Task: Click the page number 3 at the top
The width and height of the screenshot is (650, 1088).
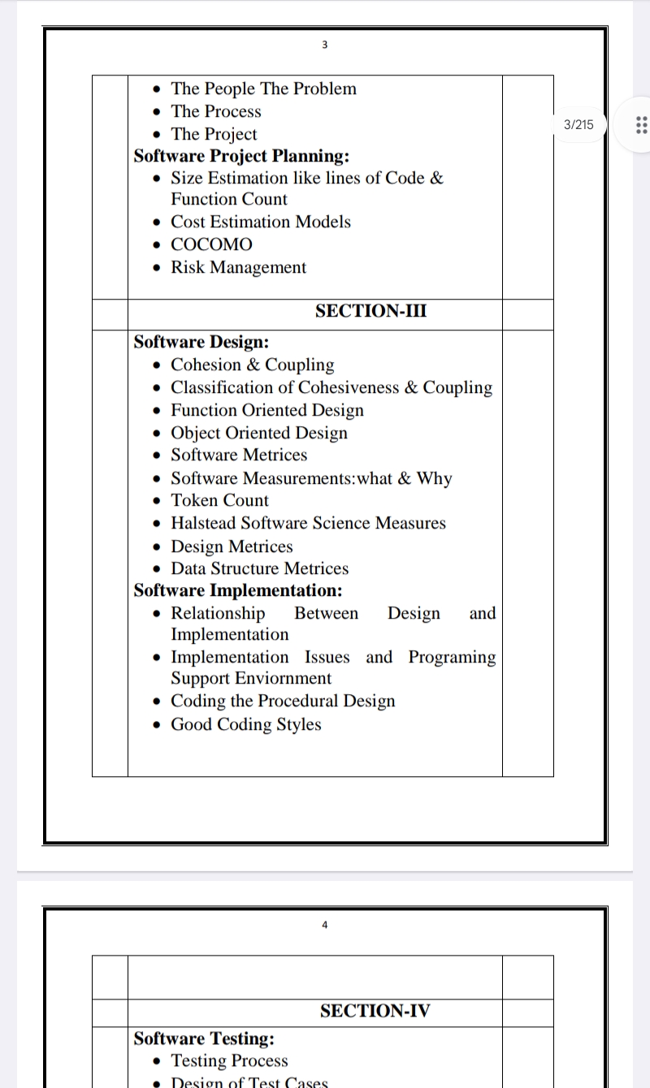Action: click(324, 45)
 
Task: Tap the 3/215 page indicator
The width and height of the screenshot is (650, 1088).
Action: click(578, 124)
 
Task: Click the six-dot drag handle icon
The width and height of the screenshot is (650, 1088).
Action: click(639, 124)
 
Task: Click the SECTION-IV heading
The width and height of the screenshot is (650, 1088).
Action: click(375, 1011)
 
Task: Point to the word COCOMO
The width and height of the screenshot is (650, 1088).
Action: click(211, 244)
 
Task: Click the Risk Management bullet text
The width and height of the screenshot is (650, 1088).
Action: click(238, 267)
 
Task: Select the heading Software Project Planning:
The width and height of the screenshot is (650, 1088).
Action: click(241, 156)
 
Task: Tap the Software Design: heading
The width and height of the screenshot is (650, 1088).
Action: click(201, 342)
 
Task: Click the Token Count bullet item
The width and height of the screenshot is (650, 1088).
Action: click(219, 500)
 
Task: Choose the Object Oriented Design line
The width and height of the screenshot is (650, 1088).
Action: click(258, 433)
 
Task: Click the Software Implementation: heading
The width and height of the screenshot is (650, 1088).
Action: click(238, 590)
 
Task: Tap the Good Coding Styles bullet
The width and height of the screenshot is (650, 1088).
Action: click(245, 724)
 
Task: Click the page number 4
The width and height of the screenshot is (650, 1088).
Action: click(324, 924)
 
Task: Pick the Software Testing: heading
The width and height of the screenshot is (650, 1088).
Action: click(204, 1038)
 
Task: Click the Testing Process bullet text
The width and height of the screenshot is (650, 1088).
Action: click(229, 1060)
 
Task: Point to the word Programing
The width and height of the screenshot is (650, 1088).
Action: click(452, 657)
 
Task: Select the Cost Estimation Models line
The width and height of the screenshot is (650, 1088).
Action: click(260, 222)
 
